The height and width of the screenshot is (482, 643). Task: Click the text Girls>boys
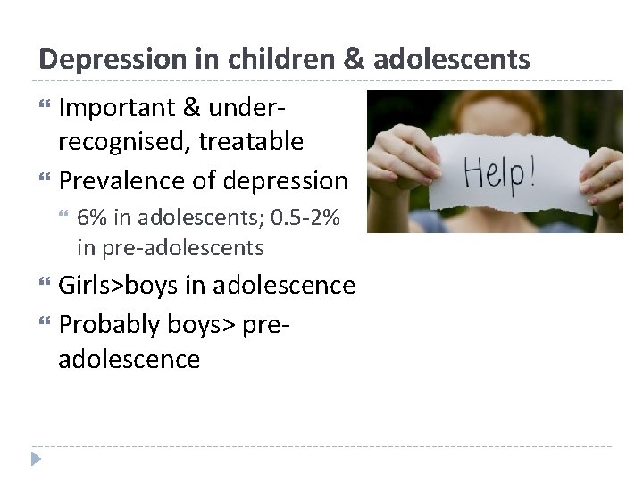click(x=121, y=286)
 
